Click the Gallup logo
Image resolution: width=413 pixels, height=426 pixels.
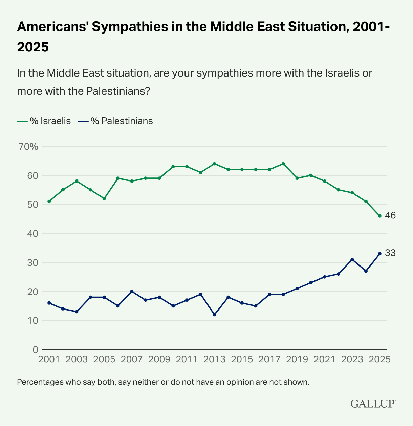click(x=373, y=404)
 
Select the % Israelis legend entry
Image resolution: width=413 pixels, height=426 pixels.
click(x=44, y=121)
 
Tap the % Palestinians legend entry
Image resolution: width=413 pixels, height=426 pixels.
click(x=115, y=121)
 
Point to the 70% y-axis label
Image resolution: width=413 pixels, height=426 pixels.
click(x=29, y=147)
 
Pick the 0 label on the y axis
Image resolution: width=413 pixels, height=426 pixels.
click(x=36, y=349)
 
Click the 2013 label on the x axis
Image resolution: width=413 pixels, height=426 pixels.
click(x=214, y=359)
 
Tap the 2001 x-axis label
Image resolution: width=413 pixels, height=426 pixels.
click(x=49, y=359)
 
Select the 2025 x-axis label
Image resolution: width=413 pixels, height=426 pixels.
click(x=379, y=359)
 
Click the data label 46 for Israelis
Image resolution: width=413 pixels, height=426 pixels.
click(x=390, y=216)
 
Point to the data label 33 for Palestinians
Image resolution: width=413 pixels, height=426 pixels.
click(x=390, y=253)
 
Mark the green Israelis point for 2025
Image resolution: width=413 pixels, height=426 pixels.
click(x=379, y=216)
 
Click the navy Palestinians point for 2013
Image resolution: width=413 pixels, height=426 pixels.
click(x=214, y=315)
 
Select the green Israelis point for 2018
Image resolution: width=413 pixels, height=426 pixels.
click(x=283, y=164)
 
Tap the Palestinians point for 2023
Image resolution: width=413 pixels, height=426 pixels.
click(x=352, y=259)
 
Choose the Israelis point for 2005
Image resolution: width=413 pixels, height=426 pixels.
click(x=104, y=198)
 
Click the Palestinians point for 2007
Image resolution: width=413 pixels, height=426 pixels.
click(x=132, y=291)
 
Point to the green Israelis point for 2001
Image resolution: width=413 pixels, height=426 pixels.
click(x=49, y=201)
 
